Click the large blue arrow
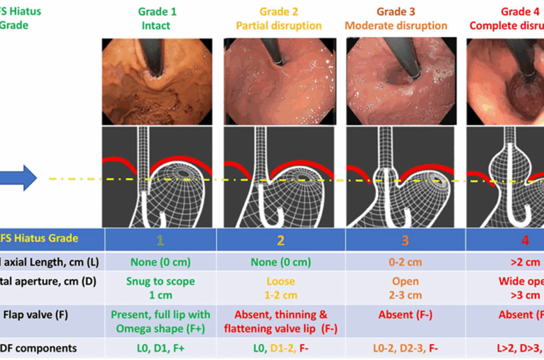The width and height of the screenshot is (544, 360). click(x=18, y=177)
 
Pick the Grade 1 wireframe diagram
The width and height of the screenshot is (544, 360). click(x=160, y=177)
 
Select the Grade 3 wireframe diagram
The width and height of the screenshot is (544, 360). click(x=401, y=177)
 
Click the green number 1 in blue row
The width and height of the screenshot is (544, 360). click(x=160, y=240)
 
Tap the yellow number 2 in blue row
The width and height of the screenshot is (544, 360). click(x=280, y=240)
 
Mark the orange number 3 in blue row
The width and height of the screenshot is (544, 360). click(x=405, y=240)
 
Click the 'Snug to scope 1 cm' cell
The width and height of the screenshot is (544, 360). click(x=160, y=288)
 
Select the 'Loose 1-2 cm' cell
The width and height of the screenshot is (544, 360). click(x=280, y=288)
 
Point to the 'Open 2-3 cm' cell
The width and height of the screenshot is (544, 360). click(x=405, y=288)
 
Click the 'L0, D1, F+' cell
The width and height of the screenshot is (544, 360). click(x=160, y=347)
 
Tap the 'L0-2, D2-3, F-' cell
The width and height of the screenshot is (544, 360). click(x=405, y=347)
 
